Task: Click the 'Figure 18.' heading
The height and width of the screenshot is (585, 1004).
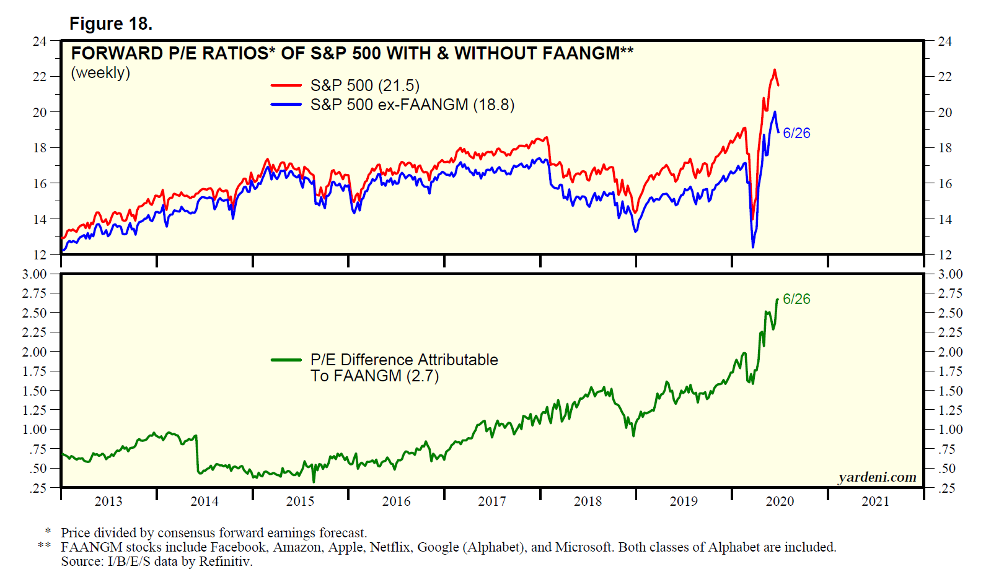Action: (110, 24)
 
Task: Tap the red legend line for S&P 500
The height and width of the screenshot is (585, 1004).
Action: (286, 85)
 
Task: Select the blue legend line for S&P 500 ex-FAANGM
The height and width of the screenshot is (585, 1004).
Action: (286, 105)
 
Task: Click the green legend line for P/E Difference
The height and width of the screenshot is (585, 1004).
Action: (286, 360)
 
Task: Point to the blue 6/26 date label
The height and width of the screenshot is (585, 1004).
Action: (796, 133)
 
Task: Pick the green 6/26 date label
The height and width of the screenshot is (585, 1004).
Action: (796, 299)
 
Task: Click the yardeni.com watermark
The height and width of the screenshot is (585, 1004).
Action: (877, 477)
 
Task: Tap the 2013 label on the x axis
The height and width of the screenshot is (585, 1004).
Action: (108, 501)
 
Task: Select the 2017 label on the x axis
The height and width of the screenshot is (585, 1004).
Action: (492, 501)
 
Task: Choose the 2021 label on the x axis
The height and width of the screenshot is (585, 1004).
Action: (875, 501)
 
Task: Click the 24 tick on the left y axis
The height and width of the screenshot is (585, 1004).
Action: (40, 41)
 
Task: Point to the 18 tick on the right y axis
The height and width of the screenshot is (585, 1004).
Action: (945, 148)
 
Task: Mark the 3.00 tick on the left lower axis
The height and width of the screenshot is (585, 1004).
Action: (35, 274)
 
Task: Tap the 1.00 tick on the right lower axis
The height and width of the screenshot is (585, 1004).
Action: (951, 430)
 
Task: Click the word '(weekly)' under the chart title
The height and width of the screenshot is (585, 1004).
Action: (100, 73)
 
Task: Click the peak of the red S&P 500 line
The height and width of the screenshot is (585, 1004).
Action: (774, 70)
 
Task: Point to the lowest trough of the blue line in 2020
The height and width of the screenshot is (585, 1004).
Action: (753, 247)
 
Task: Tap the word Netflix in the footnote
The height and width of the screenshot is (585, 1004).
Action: (390, 547)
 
